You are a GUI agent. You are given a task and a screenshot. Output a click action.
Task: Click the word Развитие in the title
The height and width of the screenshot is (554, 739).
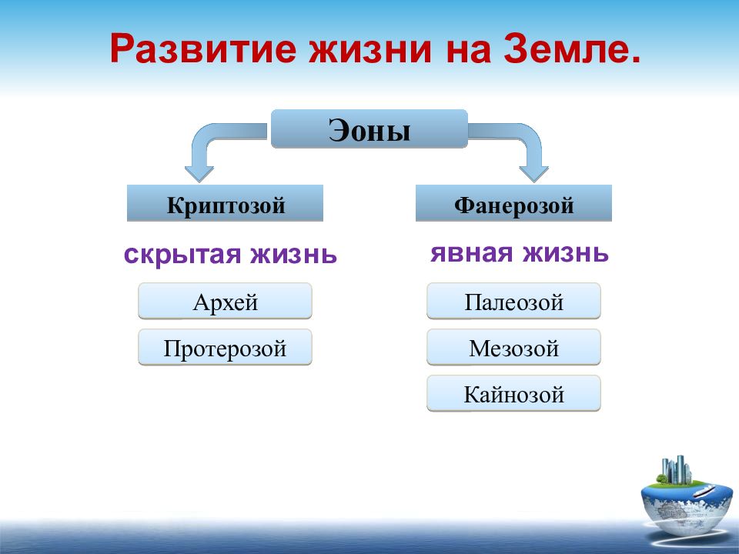coord(203,49)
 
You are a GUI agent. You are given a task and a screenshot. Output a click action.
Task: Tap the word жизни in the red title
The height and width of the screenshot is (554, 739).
coord(370,49)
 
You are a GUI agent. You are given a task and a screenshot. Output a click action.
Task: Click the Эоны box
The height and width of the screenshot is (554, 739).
coord(369,129)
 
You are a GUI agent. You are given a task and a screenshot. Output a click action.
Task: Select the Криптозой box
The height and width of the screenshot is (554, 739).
coord(226,203)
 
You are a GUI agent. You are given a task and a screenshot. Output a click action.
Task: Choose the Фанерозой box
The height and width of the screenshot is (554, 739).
coord(513,203)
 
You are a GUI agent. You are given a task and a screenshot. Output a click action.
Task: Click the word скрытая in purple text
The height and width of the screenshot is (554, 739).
coord(182,255)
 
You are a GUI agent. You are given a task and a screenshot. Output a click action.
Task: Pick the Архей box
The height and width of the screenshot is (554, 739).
coord(226,301)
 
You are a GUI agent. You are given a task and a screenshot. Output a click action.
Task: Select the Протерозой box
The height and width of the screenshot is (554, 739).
coord(226,347)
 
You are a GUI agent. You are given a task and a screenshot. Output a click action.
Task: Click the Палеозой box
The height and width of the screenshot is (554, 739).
coord(513,301)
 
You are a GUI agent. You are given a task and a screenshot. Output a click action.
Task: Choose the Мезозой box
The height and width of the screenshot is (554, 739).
coord(513,347)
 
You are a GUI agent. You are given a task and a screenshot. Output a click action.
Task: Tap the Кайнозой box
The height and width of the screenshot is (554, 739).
coord(513,393)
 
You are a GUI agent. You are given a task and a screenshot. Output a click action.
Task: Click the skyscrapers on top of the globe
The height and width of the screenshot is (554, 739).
coord(677,469)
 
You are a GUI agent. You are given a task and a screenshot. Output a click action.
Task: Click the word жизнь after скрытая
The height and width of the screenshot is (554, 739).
coord(293,255)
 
